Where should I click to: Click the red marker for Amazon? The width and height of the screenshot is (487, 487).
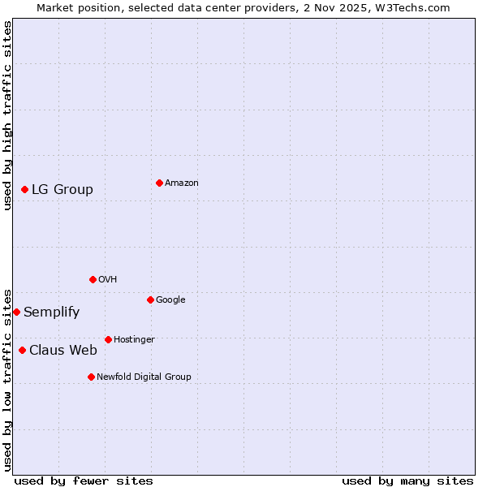tap(159, 183)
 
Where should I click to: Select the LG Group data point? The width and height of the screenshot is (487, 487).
tap(24, 189)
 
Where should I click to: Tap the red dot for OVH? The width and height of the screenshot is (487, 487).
tap(93, 279)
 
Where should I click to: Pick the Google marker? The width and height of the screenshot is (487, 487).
tap(150, 300)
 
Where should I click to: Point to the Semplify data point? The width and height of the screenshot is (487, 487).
tap(16, 312)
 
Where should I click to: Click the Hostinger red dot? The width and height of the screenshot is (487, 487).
tap(108, 339)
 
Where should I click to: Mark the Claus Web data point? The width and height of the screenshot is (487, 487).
tap(22, 350)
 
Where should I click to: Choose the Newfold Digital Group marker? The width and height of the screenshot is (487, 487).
tap(91, 377)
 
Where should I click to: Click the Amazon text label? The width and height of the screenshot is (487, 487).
tap(182, 183)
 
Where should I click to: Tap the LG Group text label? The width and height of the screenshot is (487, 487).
tap(62, 189)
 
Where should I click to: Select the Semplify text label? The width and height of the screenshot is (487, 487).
tap(51, 312)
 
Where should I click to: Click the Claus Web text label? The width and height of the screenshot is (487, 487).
tap(63, 350)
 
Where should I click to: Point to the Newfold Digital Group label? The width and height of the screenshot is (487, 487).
tap(144, 377)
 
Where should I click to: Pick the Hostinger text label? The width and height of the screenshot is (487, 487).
tap(134, 339)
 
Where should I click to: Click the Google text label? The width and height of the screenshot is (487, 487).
tap(170, 300)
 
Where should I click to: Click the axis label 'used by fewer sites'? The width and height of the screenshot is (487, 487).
tap(84, 481)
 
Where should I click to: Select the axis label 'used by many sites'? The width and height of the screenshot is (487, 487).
tap(407, 481)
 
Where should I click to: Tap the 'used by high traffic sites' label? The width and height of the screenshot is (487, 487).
tap(7, 115)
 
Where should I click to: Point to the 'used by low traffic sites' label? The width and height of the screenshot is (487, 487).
tap(7, 379)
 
